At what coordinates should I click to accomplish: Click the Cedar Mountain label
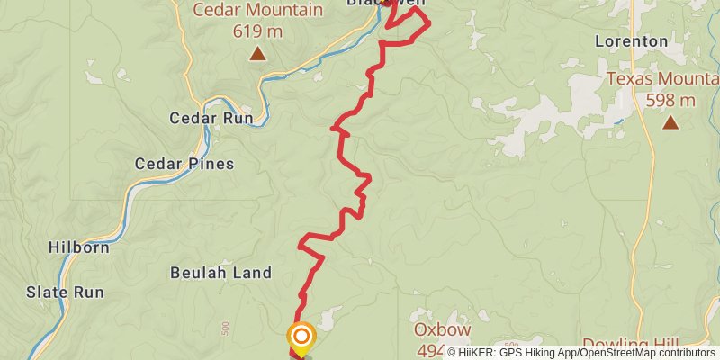coord(257,12)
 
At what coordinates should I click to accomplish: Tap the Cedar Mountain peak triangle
coord(258,54)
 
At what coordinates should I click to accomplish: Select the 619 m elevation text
coord(258,32)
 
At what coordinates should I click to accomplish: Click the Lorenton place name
coord(632,41)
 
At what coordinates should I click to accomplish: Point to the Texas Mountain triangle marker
coord(670,121)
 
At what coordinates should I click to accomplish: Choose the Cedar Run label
coord(212,118)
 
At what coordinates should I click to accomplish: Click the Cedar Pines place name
coord(184,164)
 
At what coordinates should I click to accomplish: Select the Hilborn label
coord(78,246)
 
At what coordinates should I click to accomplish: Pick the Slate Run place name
coord(65,292)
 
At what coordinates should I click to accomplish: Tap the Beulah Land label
coord(220,273)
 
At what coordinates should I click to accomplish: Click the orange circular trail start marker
coord(301,337)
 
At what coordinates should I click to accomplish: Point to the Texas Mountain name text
coord(662,79)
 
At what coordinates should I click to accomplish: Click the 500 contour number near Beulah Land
coord(224,325)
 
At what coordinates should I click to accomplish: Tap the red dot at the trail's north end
coord(388,2)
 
